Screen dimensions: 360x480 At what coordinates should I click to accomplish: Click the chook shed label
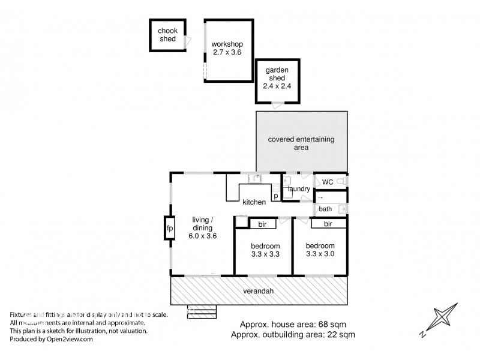[167, 35]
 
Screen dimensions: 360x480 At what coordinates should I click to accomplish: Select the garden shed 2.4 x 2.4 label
[277, 77]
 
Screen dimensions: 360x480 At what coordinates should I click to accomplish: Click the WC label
[327, 182]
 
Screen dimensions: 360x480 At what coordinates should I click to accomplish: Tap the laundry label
[299, 189]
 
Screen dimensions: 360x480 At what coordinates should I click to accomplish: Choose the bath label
[325, 209]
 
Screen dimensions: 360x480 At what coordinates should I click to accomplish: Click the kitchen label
[254, 202]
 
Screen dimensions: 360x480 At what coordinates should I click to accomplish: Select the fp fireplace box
[170, 229]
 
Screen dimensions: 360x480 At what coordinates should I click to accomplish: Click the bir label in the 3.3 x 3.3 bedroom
[262, 224]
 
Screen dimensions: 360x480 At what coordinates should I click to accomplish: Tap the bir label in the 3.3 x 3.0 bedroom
[328, 224]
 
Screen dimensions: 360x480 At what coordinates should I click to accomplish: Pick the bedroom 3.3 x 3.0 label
[320, 250]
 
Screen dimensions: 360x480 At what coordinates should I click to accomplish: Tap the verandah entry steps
[202, 312]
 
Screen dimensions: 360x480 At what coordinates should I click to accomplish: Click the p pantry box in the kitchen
[275, 196]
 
